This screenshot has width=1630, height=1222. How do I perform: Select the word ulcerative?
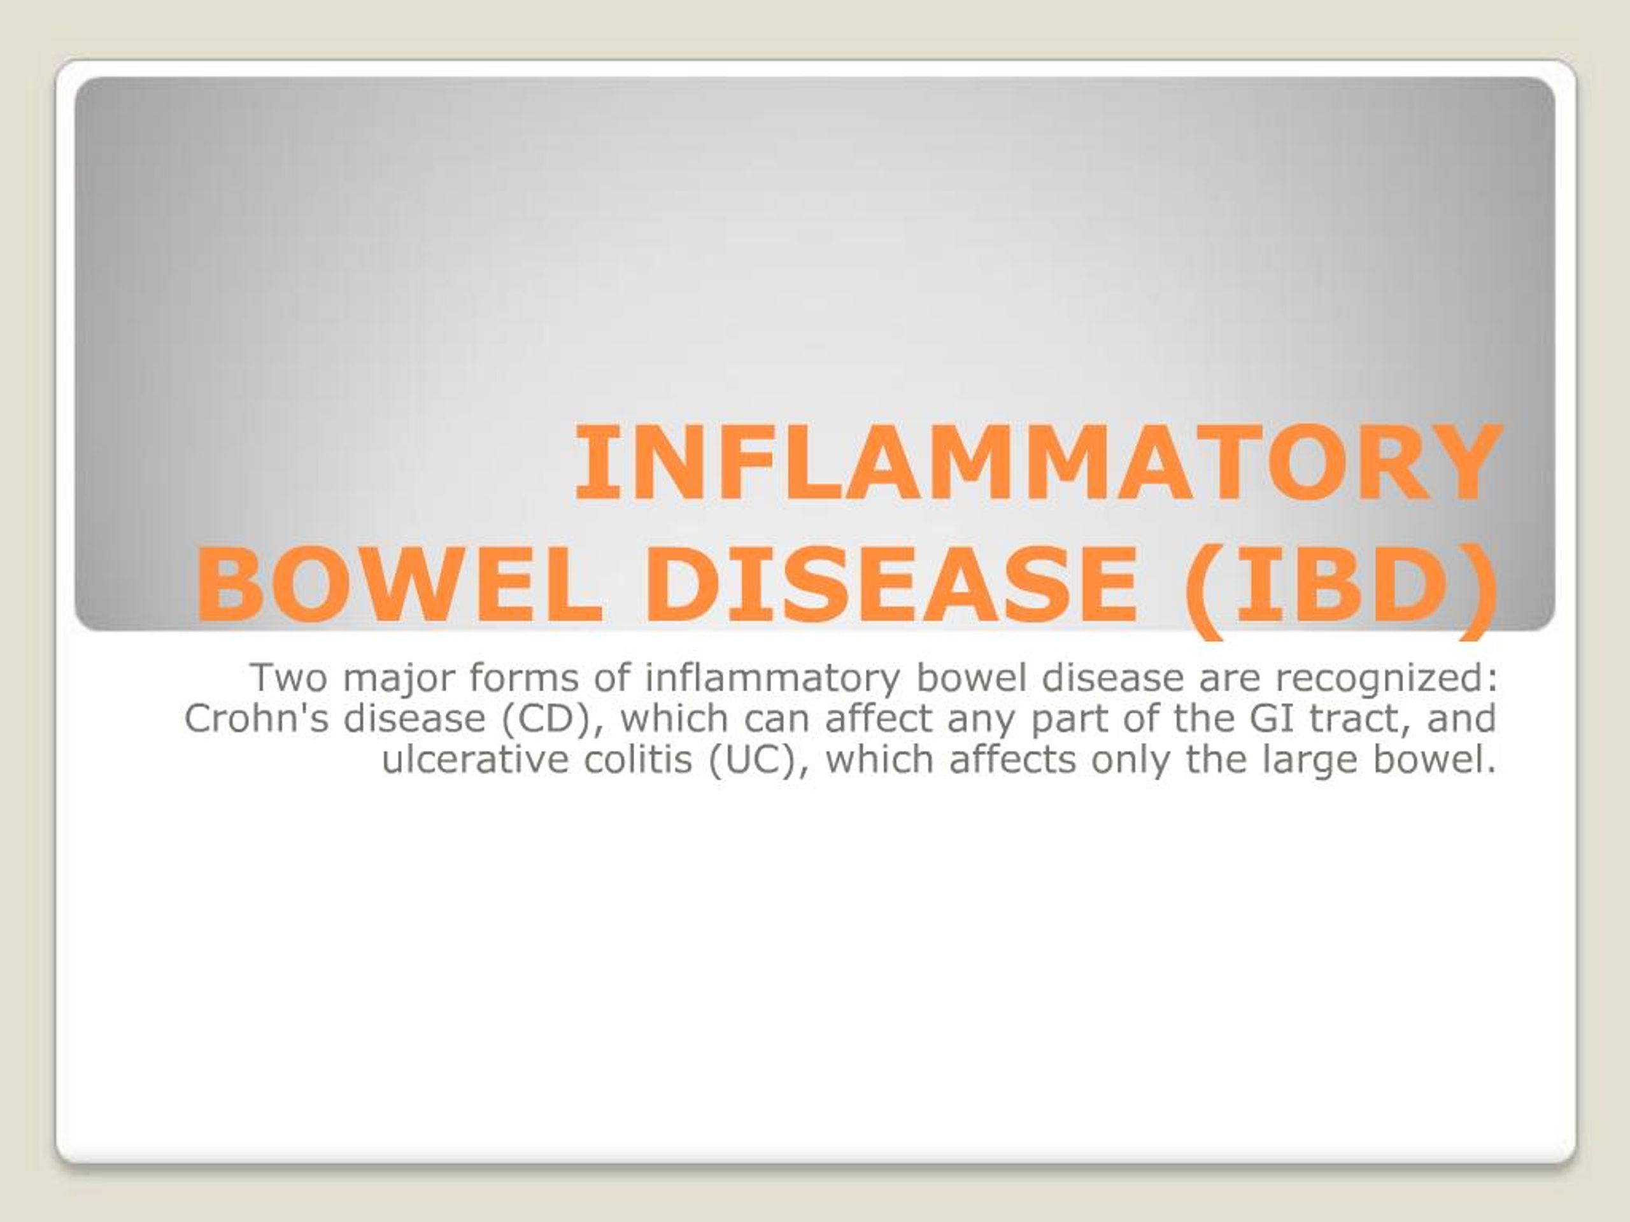[x=475, y=759]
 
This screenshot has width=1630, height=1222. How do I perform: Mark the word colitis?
[x=638, y=759]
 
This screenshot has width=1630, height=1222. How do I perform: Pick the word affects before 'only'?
[x=1012, y=759]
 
